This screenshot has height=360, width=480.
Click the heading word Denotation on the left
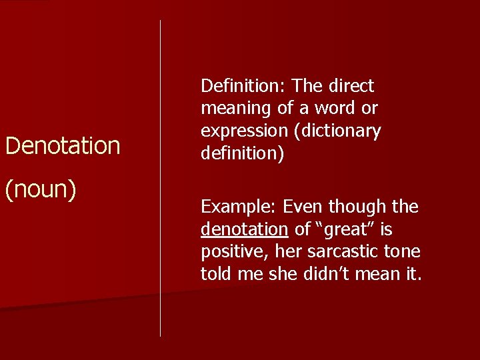[63, 145]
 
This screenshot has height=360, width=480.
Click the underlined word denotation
[244, 230]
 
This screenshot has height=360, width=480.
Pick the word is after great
[385, 230]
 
